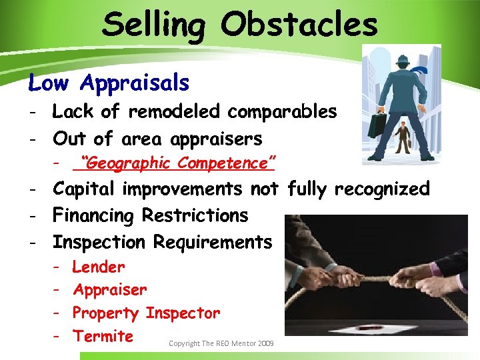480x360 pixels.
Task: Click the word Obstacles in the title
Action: click(300, 25)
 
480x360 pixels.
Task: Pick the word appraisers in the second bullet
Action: click(216, 139)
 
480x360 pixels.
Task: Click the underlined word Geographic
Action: click(127, 163)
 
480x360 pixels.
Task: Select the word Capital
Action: click(87, 189)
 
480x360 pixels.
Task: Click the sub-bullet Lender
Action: click(98, 267)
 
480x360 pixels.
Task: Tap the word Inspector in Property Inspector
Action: click(182, 313)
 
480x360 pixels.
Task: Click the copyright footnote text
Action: click(221, 343)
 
